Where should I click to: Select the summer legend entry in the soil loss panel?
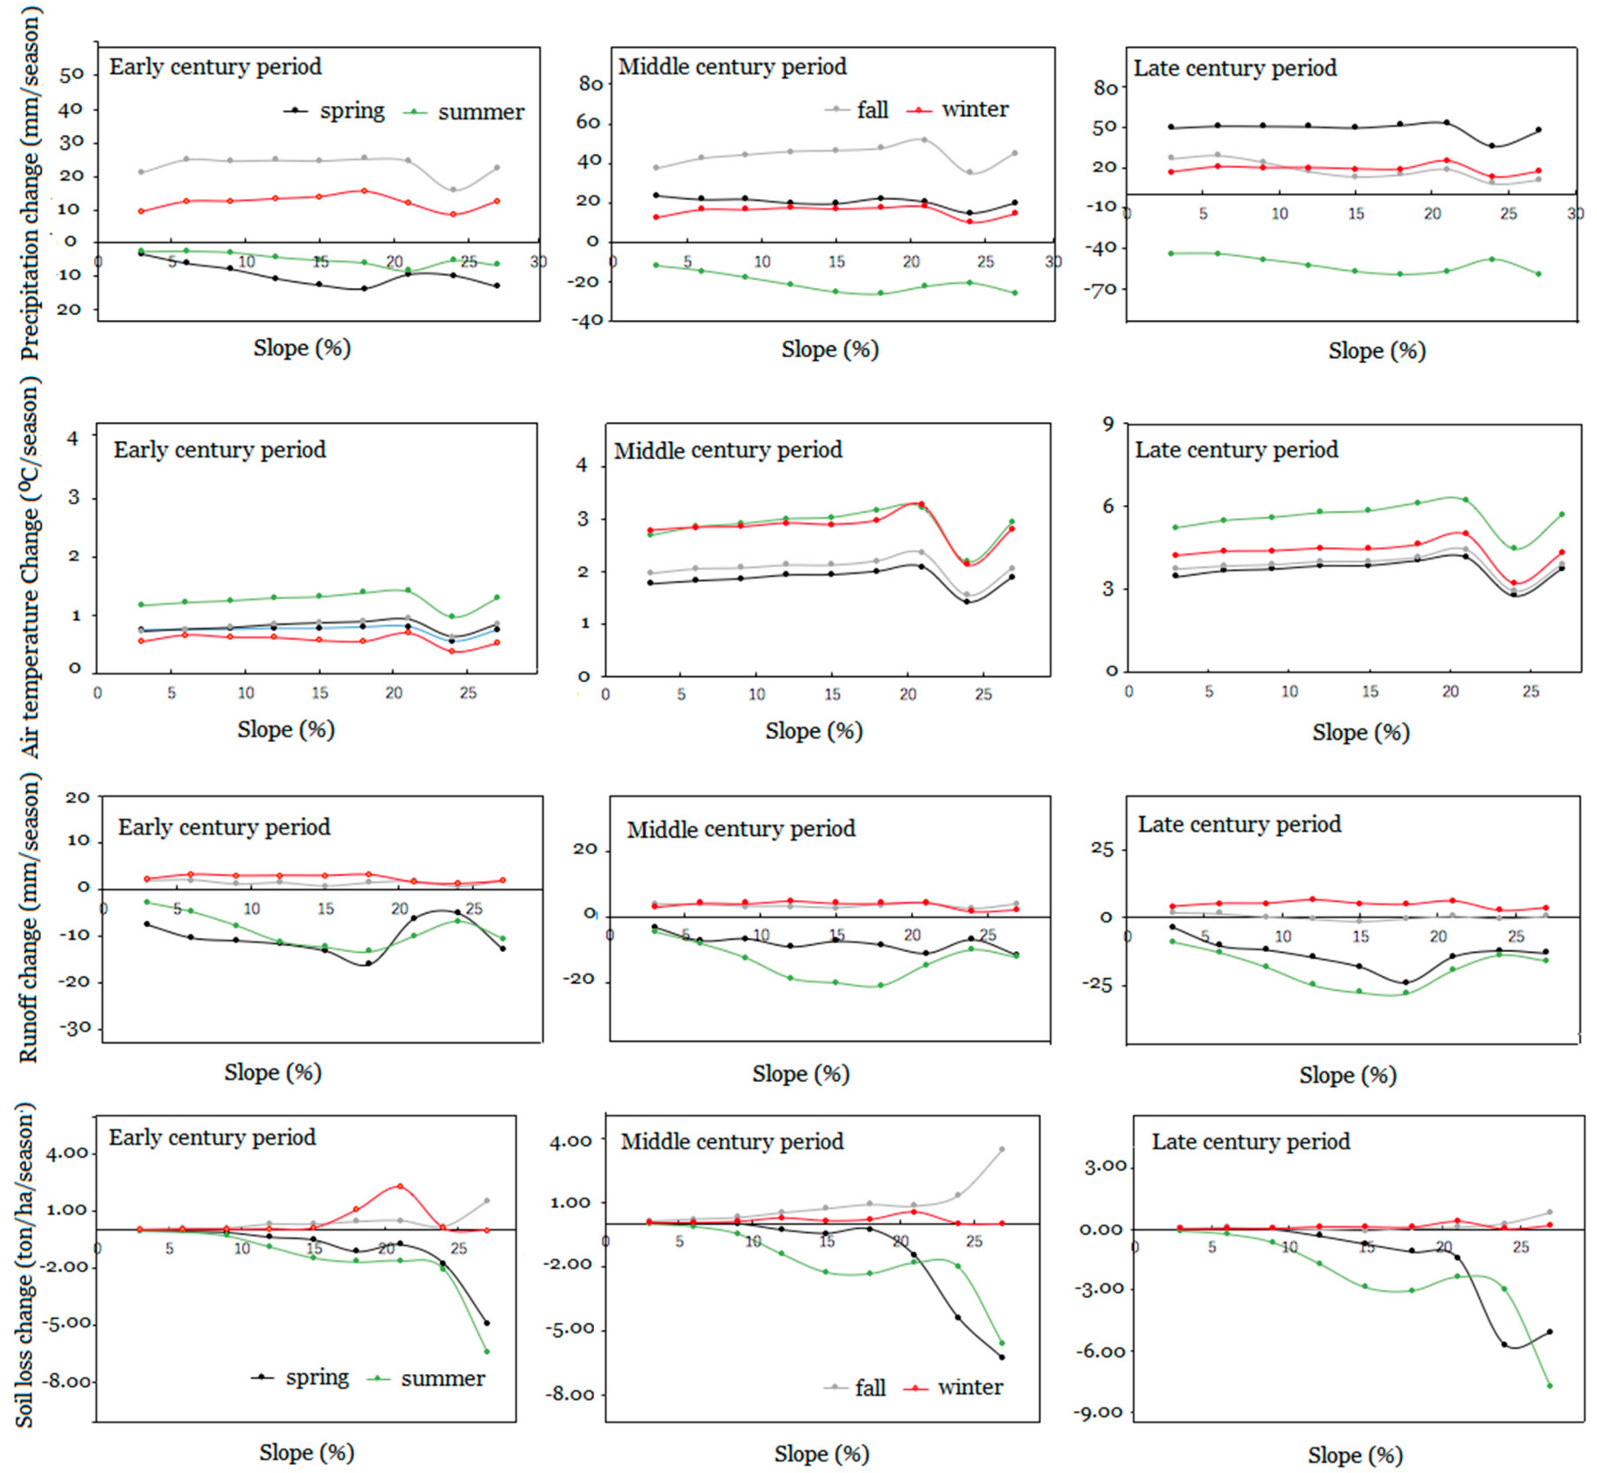point(426,1378)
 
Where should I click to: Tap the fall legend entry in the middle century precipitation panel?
point(857,110)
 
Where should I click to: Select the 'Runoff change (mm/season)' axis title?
point(29,921)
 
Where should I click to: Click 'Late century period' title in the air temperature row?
point(1236,450)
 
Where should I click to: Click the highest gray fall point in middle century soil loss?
point(1002,1149)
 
